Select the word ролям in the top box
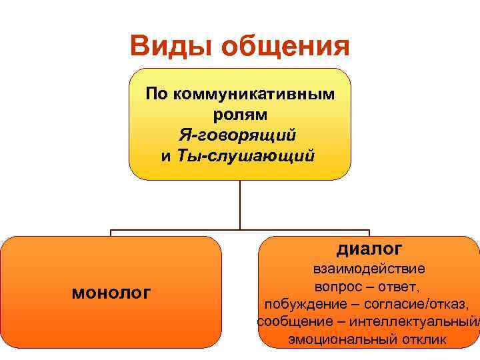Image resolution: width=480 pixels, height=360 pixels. point(240,114)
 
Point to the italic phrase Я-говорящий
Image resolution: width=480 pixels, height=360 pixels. point(237,135)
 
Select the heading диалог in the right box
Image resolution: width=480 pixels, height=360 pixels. point(369,249)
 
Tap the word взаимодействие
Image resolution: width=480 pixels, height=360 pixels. point(369,269)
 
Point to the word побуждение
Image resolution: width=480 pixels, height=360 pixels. point(304,305)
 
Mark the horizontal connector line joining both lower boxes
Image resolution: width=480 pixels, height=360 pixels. point(173,230)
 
